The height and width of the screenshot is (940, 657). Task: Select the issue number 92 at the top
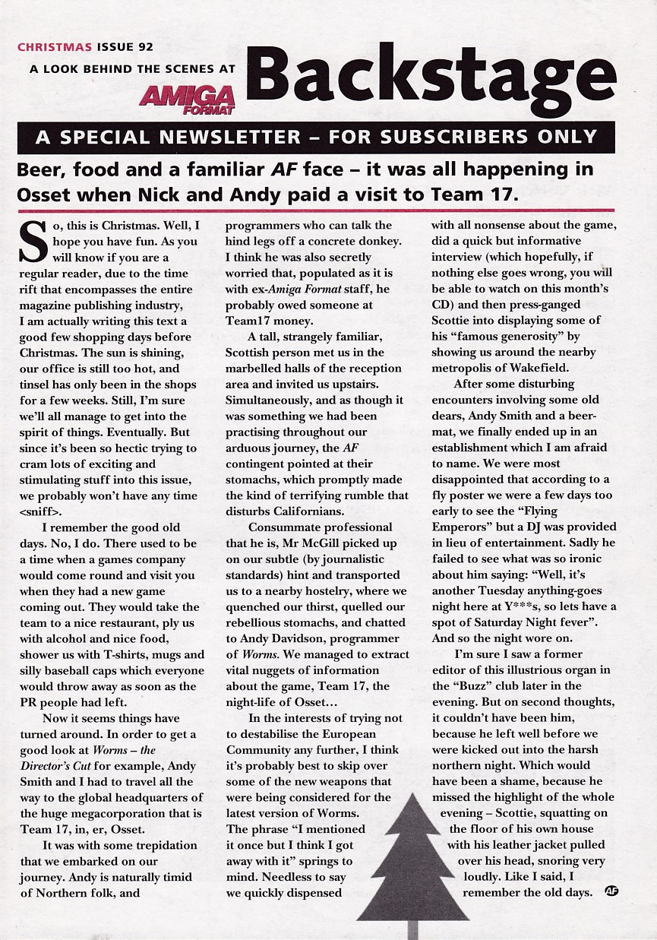point(144,47)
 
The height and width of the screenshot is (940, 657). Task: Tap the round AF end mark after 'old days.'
point(611,891)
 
